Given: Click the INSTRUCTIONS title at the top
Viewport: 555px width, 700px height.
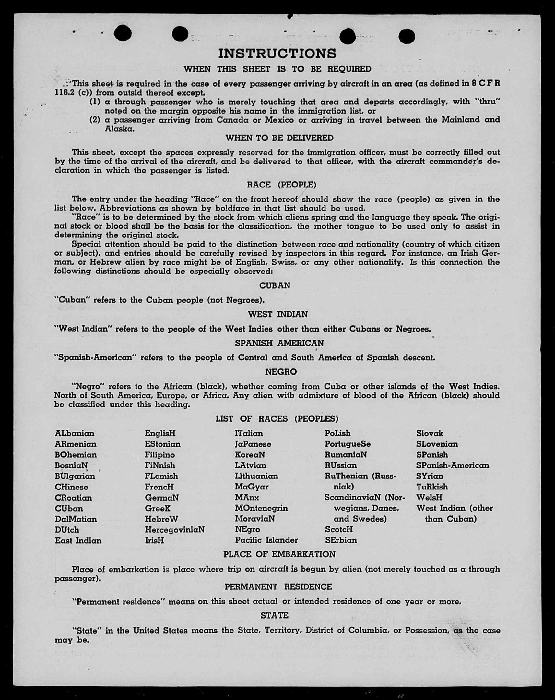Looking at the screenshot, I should [x=277, y=54].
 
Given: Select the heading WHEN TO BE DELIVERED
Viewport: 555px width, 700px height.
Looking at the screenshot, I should [x=279, y=138].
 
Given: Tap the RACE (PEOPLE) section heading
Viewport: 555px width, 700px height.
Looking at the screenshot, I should [x=281, y=185].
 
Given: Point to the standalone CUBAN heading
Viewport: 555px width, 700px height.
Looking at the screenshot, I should [x=275, y=285].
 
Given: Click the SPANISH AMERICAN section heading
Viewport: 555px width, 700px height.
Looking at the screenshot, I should [x=279, y=343].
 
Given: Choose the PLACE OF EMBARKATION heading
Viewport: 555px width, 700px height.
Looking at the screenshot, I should [x=279, y=554].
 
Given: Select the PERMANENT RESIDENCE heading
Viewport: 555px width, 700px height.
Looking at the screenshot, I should [x=278, y=587].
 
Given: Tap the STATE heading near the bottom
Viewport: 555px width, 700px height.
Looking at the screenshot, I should [x=274, y=615].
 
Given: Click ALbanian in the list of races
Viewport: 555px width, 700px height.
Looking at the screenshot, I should [x=75, y=433].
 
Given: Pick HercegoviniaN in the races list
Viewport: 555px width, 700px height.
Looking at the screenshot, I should [x=175, y=530].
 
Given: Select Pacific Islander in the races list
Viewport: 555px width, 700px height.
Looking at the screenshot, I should [x=266, y=540].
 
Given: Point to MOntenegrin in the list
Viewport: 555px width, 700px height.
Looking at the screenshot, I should [x=261, y=508].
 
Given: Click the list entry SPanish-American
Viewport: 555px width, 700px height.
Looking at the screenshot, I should [x=453, y=465].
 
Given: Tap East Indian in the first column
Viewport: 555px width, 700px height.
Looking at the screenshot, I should [x=78, y=541].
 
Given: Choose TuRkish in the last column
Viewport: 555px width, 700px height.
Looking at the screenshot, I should [x=432, y=487].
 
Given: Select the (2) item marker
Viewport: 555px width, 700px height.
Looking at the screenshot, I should [x=95, y=120].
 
